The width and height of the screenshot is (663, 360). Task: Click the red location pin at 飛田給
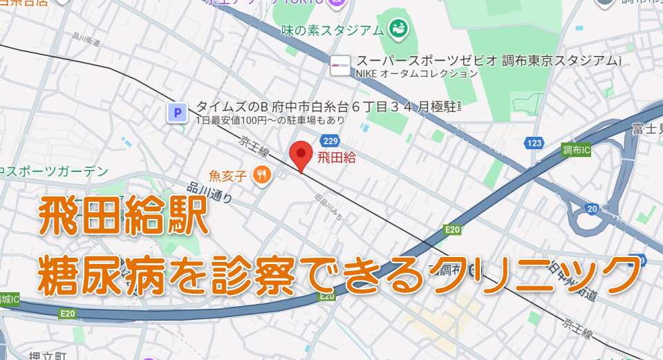301,153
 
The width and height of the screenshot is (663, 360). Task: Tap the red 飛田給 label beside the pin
337,158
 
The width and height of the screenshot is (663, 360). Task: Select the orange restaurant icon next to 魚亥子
261,176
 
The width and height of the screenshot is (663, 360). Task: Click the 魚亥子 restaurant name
228,176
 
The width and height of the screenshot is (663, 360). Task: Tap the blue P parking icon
178,112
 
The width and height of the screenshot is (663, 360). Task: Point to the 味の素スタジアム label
333,30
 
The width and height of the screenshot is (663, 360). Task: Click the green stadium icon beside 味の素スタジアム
398,29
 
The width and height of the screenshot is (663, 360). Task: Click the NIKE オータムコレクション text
417,73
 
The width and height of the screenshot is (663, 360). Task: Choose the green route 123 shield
534,143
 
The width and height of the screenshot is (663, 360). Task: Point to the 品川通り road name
209,191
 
